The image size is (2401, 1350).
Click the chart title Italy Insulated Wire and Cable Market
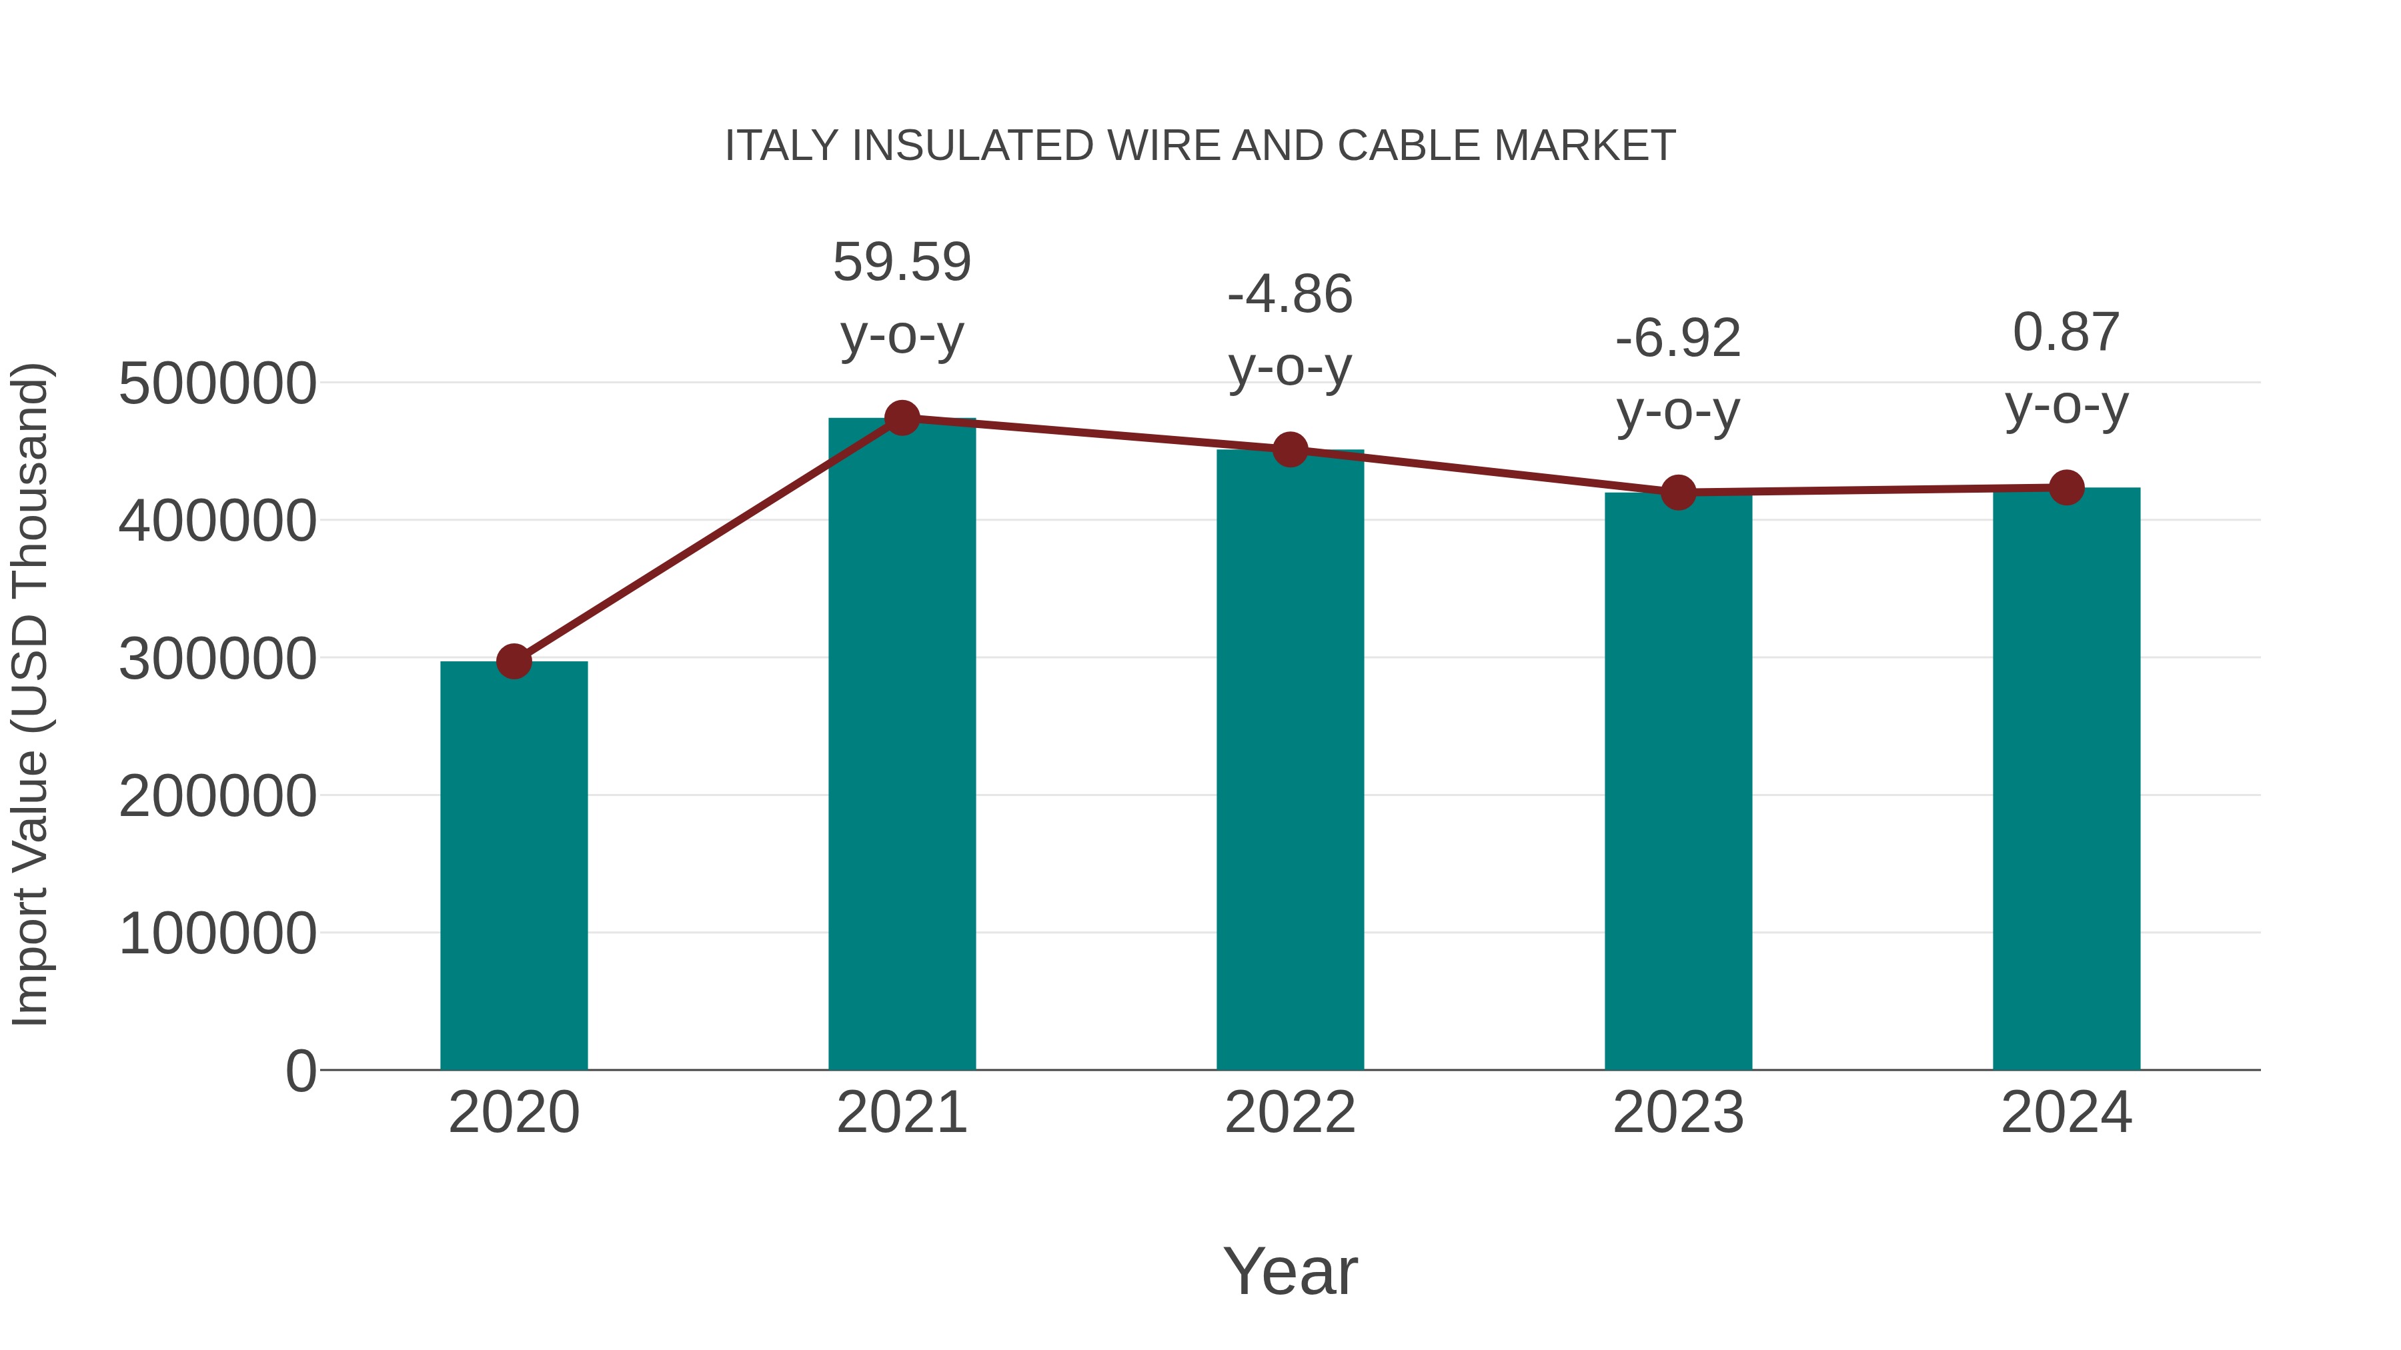(1200, 146)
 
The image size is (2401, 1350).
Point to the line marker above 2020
(514, 661)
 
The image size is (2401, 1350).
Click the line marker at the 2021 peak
(901, 418)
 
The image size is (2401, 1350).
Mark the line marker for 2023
(1678, 492)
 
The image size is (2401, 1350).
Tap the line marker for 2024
(2066, 487)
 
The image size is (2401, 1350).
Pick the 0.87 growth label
(2066, 333)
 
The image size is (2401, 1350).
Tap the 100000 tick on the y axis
(217, 933)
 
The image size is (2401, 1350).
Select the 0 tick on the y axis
(300, 1071)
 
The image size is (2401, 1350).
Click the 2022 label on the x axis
(1290, 1113)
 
